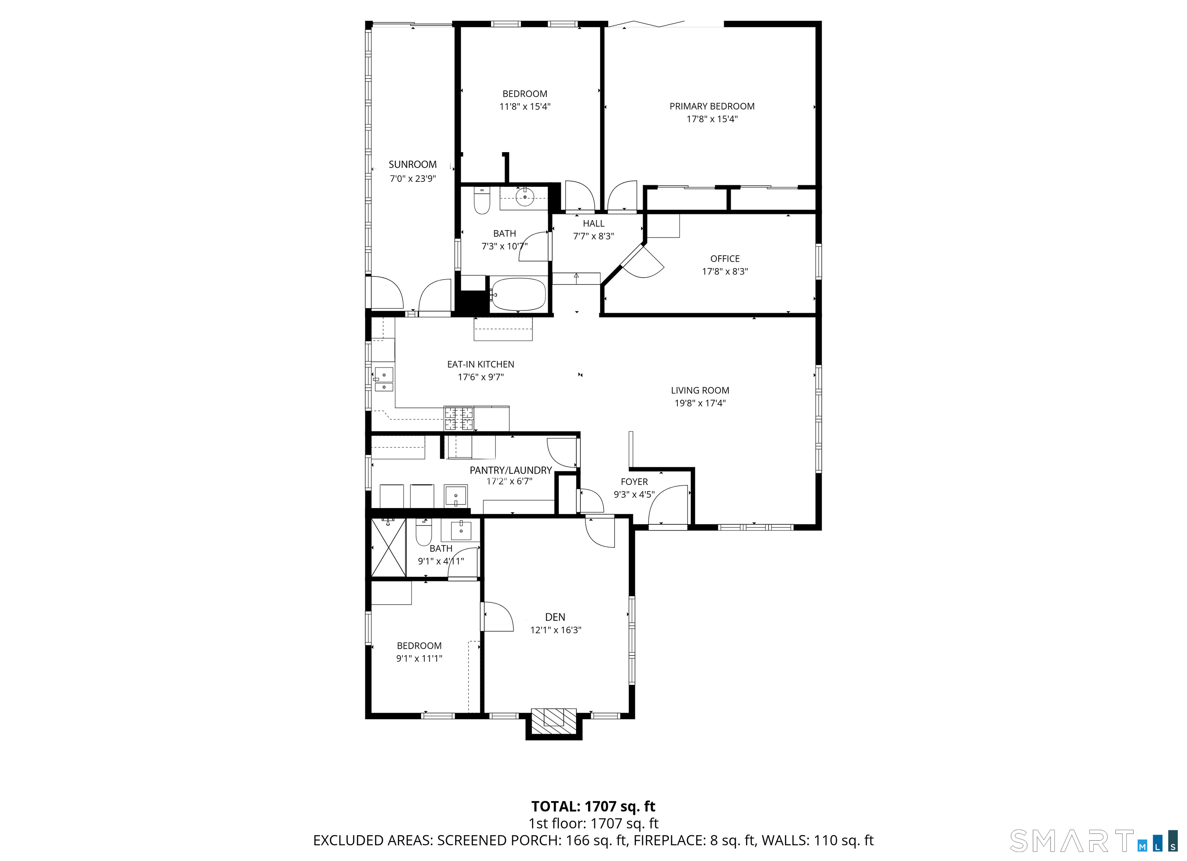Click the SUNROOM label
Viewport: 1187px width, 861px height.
coord(412,164)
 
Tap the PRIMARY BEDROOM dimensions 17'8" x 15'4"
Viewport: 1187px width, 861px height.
coord(712,119)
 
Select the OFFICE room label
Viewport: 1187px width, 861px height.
coord(724,258)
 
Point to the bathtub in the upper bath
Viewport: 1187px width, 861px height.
coord(518,295)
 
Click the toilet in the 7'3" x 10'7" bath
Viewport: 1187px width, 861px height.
coord(481,202)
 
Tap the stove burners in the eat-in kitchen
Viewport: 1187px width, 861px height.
coord(459,419)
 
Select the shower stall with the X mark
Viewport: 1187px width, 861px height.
coord(388,547)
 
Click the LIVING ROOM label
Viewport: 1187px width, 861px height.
coord(700,390)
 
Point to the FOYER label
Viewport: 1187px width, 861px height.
coord(634,482)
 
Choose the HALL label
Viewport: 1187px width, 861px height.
coord(593,223)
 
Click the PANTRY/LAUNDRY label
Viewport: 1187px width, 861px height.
coord(510,470)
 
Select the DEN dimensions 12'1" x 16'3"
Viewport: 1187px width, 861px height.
coord(555,630)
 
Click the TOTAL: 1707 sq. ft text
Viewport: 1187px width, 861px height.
coord(593,806)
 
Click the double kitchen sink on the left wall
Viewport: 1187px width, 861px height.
coord(384,379)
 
